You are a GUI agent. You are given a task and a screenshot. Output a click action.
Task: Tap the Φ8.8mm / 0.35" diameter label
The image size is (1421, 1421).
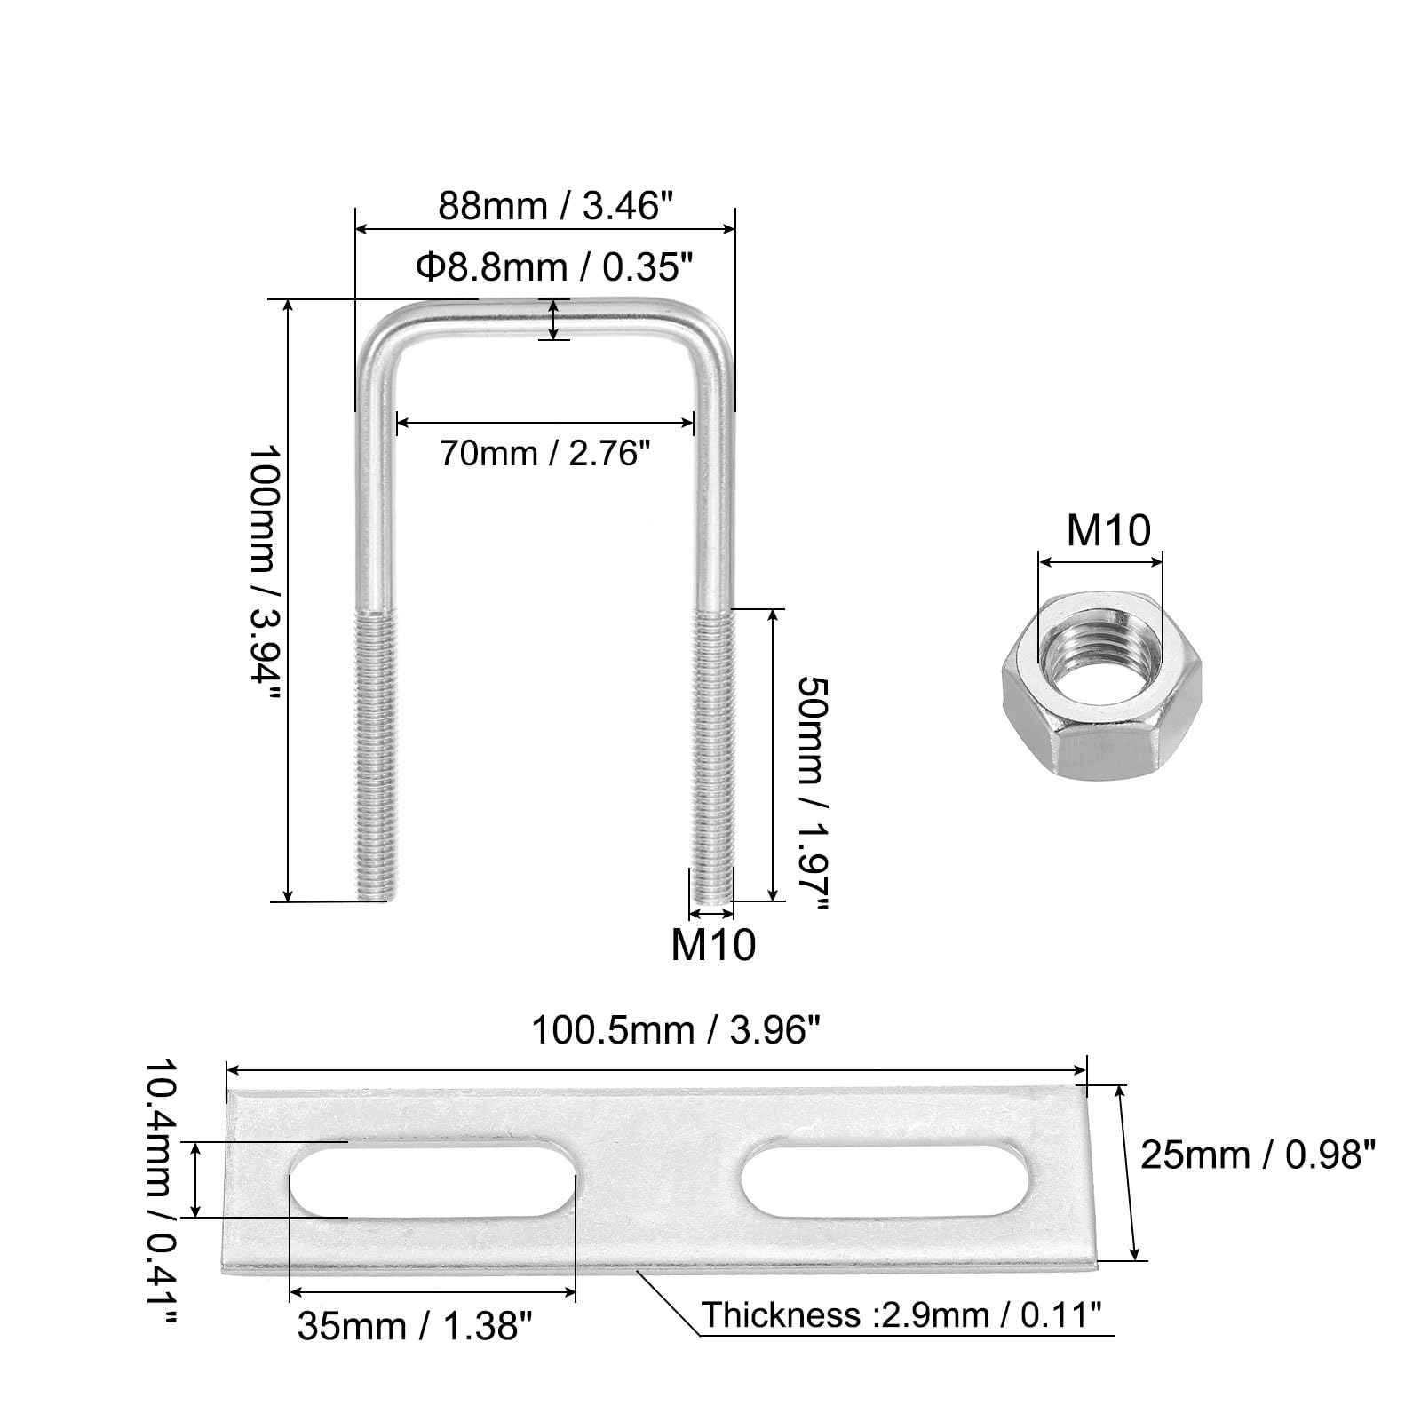click(x=554, y=266)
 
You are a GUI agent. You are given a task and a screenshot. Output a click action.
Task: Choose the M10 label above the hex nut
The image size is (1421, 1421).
click(x=1107, y=531)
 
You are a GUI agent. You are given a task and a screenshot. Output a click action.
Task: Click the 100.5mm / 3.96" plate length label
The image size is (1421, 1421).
click(x=674, y=1032)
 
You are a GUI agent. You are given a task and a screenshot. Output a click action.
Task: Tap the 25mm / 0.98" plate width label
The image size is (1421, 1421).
click(x=1258, y=1155)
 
